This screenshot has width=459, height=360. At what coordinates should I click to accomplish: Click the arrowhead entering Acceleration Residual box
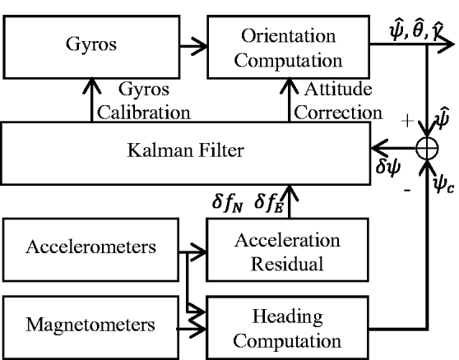point(200,247)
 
